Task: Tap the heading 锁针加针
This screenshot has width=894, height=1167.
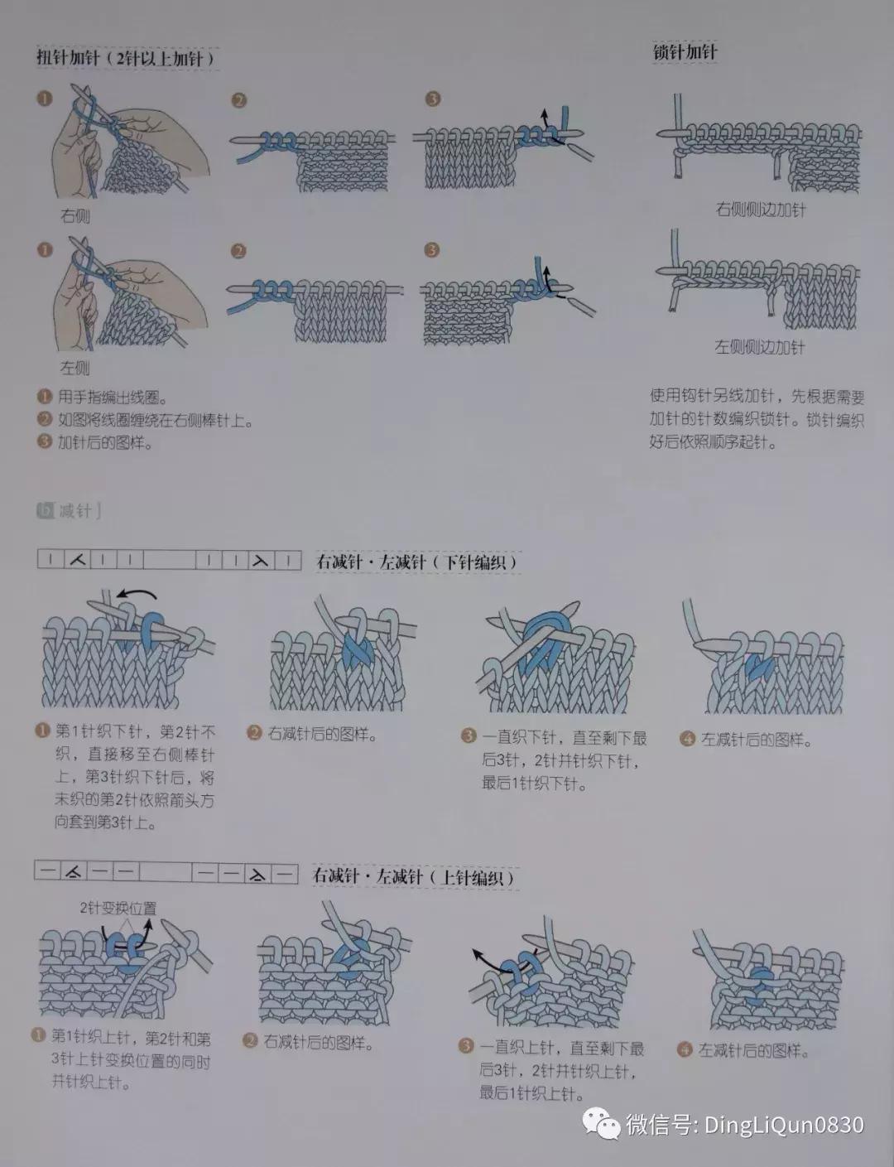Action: click(x=685, y=52)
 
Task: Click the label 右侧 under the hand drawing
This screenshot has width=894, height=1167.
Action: click(x=74, y=216)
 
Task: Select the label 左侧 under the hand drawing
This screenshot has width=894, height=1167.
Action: click(x=74, y=367)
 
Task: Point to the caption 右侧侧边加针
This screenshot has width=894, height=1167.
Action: click(x=760, y=210)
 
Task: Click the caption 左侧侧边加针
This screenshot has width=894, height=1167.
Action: click(x=760, y=346)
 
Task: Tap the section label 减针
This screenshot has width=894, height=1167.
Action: click(x=74, y=510)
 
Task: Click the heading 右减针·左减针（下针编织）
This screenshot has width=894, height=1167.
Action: click(x=418, y=562)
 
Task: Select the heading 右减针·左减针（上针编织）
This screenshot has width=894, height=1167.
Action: click(x=415, y=876)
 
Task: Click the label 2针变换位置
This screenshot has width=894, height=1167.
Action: click(x=118, y=908)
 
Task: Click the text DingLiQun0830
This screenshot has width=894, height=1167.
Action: click(x=783, y=1124)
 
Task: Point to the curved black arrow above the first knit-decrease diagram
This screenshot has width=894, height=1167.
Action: click(x=136, y=593)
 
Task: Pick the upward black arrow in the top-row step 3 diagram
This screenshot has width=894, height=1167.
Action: click(x=544, y=116)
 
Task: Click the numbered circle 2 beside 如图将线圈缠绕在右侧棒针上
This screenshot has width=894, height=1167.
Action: click(x=45, y=421)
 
